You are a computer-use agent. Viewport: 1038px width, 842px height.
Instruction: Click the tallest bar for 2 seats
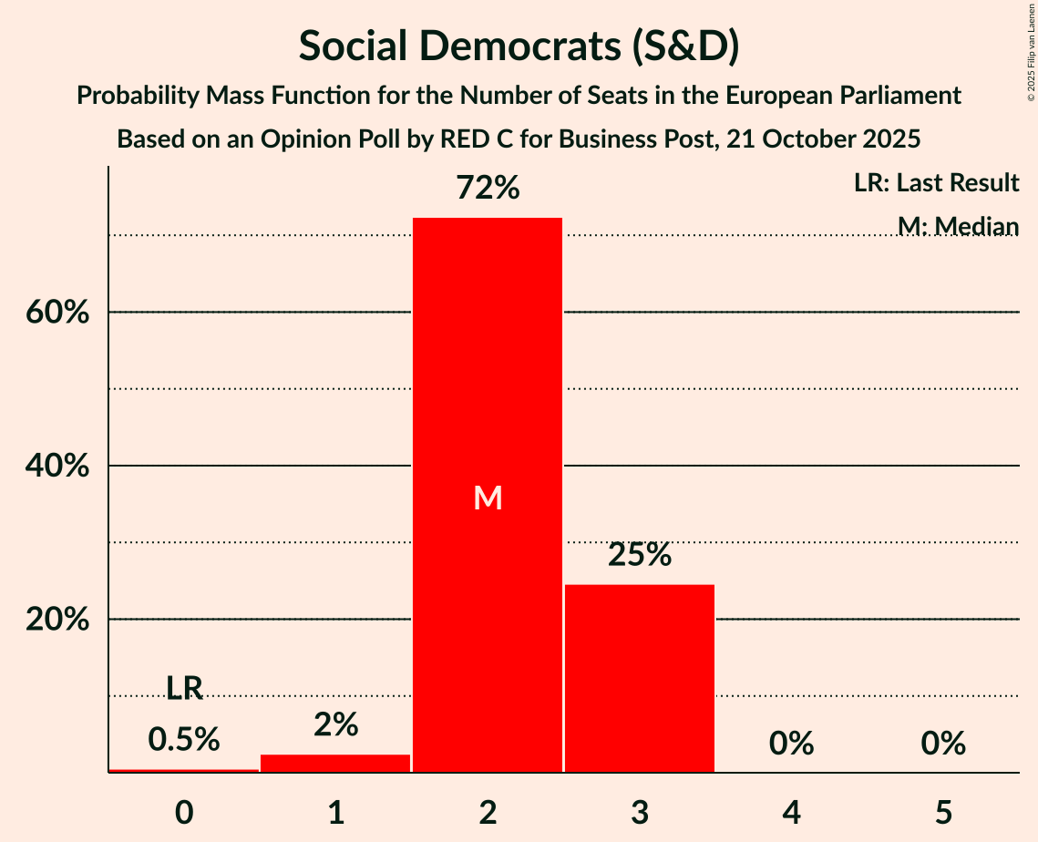point(488,410)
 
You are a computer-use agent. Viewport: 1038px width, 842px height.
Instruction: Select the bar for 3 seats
point(640,678)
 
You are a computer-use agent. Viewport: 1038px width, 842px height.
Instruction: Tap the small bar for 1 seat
point(335,764)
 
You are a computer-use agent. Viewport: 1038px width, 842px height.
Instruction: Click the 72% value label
point(488,189)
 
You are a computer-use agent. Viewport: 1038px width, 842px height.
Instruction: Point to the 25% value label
point(640,554)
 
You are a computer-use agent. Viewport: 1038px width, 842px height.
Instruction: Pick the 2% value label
point(335,724)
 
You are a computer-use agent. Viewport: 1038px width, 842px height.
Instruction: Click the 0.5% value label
point(184,740)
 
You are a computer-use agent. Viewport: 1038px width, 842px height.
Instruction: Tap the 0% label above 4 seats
point(791,744)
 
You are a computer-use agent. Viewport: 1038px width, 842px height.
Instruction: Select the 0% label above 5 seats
point(943,744)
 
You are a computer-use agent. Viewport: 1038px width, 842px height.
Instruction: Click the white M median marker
point(488,498)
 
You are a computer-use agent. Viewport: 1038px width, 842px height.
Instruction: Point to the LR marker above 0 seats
point(184,689)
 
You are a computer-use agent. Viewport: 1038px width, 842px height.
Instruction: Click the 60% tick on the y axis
point(57,313)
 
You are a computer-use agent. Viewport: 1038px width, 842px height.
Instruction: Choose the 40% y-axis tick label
point(57,467)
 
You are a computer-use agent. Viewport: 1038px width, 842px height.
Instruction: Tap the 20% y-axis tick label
point(57,620)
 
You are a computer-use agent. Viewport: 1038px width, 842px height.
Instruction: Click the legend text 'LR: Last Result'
point(936,183)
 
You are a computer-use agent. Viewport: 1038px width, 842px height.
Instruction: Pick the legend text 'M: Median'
point(958,226)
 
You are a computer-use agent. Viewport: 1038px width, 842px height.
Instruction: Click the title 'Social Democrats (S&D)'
point(519,46)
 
